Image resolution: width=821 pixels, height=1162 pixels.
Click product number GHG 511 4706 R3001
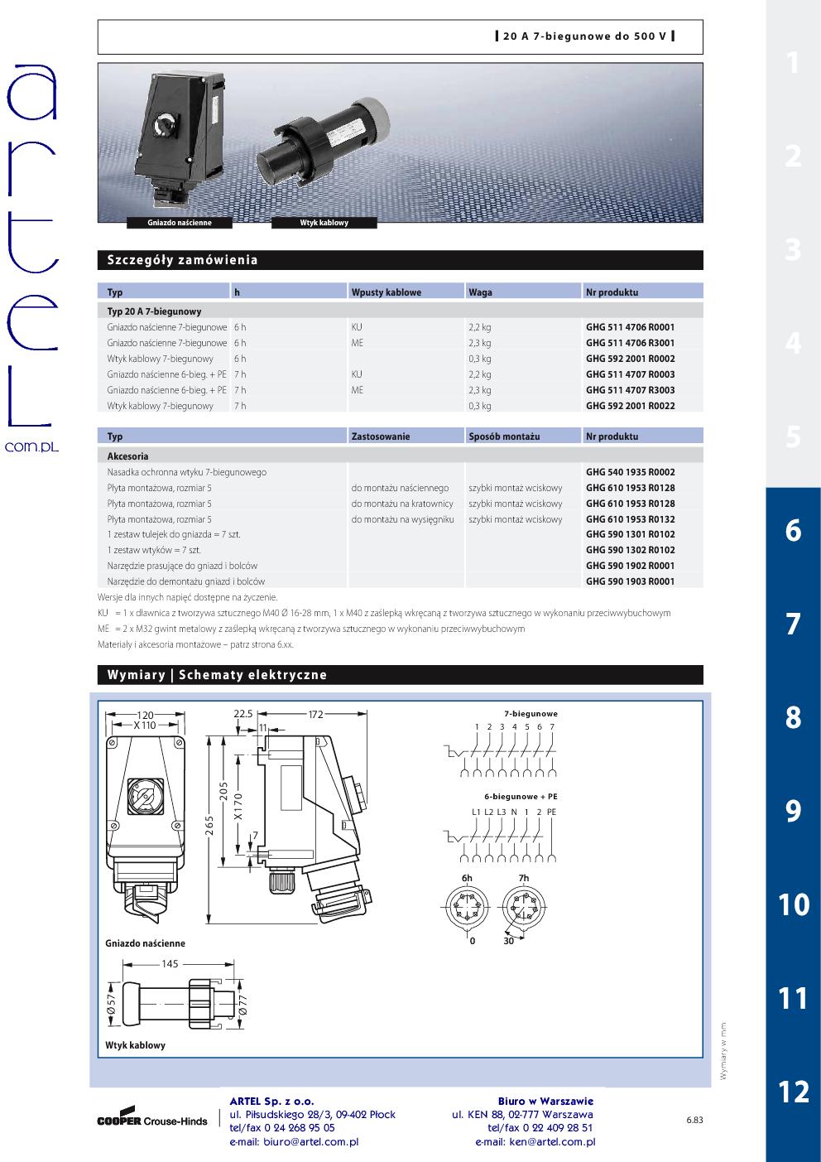click(631, 343)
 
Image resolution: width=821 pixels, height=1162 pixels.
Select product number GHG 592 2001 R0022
click(631, 406)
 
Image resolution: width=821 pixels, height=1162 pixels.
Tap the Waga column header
click(481, 292)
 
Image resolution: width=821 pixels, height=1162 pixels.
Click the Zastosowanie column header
click(381, 436)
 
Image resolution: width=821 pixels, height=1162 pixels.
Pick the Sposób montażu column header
click(504, 436)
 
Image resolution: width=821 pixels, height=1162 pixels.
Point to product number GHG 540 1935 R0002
click(631, 472)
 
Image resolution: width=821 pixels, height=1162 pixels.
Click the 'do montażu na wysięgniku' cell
click(403, 519)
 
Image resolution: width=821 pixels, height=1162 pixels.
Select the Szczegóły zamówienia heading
click(182, 260)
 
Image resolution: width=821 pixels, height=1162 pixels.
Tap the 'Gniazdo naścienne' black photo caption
click(180, 223)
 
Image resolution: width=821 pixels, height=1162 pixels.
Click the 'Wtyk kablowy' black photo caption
click(324, 223)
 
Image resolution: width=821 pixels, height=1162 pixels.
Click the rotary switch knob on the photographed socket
click(166, 125)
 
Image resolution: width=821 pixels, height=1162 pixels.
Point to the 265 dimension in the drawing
click(209, 827)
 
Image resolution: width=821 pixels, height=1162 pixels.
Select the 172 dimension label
click(315, 714)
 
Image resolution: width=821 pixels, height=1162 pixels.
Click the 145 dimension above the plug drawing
click(170, 963)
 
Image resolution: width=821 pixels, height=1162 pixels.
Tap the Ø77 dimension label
click(243, 1005)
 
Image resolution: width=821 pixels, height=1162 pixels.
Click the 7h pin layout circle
click(524, 906)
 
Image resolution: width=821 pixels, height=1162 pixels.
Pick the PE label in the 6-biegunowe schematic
click(551, 812)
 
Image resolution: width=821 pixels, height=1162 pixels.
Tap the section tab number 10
click(794, 904)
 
